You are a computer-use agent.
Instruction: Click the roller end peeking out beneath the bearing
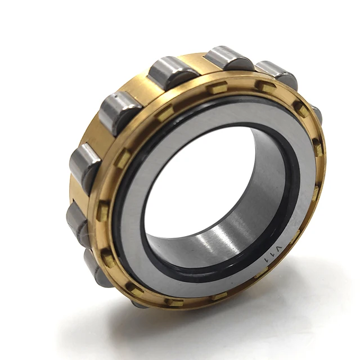pos(139,303)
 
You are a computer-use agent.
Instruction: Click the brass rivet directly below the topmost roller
pos(217,88)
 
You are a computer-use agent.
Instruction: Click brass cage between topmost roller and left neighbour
pos(200,65)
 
